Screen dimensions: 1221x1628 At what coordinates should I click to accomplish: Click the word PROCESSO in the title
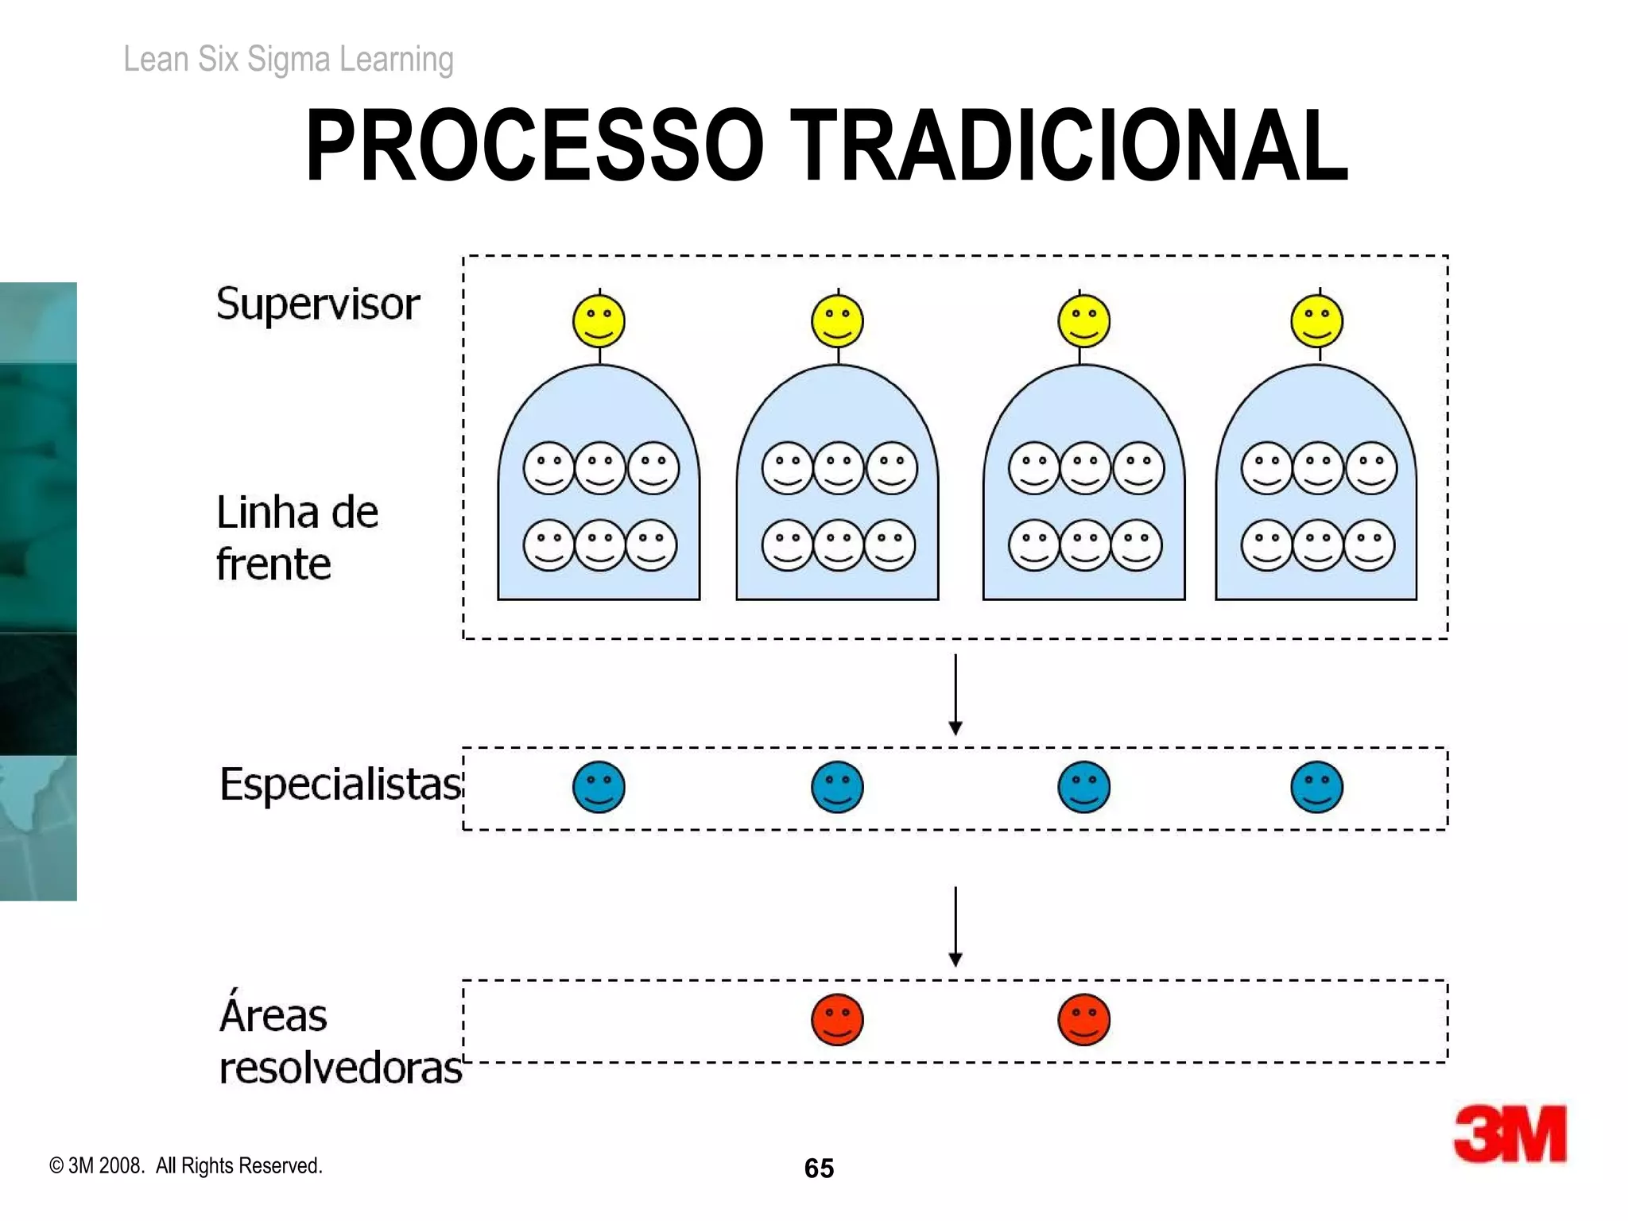(534, 145)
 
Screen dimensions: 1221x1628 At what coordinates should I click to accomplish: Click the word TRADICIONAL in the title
(1068, 145)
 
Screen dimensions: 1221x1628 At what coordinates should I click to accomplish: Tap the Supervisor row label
(317, 304)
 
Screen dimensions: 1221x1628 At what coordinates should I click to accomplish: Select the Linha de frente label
(297, 537)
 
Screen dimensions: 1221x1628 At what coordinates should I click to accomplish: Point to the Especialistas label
(340, 785)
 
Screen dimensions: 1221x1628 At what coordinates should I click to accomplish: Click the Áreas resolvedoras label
(339, 1040)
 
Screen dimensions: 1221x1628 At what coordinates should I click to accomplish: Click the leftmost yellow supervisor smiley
(599, 321)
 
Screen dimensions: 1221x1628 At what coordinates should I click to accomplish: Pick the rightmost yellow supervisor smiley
(1316, 321)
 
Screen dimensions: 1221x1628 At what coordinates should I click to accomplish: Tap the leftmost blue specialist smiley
(599, 787)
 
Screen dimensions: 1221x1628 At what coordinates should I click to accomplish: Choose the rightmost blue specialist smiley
(1316, 787)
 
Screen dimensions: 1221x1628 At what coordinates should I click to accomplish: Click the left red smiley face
(837, 1019)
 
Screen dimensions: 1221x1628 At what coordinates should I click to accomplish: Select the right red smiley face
(1083, 1019)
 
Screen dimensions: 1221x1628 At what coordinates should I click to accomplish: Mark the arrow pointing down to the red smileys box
(955, 927)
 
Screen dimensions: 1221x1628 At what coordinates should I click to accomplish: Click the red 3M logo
(1510, 1134)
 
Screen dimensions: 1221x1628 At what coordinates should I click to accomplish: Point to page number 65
(819, 1168)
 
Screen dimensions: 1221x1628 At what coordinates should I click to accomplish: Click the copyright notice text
(186, 1165)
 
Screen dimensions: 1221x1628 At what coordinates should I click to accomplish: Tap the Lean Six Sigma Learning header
(289, 60)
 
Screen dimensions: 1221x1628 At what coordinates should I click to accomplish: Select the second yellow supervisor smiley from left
(837, 321)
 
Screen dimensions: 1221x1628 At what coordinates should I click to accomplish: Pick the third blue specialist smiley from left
(1083, 787)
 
